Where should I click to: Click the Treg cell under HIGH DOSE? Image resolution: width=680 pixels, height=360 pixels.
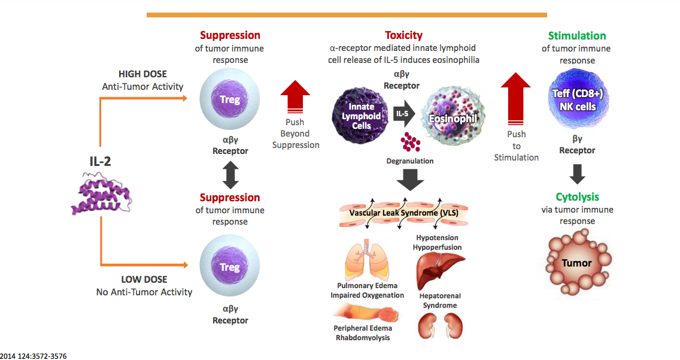coord(230,100)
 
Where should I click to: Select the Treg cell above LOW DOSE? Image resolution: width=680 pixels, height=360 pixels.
coord(230,267)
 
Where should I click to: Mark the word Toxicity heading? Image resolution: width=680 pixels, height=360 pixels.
coord(403,35)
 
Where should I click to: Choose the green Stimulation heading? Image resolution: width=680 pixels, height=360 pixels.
coord(577,36)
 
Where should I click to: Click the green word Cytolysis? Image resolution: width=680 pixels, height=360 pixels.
coord(577,197)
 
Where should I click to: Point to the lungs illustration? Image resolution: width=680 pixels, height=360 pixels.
coord(364,259)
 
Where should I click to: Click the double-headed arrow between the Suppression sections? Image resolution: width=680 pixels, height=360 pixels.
coord(230,175)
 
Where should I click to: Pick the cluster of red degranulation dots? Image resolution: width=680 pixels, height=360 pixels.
coord(410,143)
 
